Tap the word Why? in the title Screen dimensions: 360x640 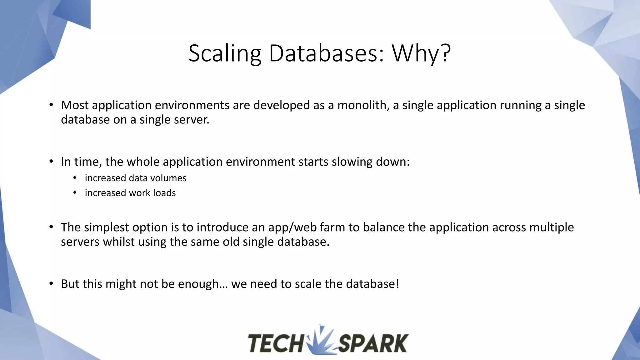[x=421, y=53]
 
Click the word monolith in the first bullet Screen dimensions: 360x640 [x=363, y=105]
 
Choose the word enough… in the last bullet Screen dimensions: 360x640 [x=203, y=284]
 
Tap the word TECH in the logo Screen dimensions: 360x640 [x=275, y=343]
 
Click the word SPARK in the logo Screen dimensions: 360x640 [x=373, y=343]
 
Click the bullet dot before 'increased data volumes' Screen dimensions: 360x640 [x=75, y=178]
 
